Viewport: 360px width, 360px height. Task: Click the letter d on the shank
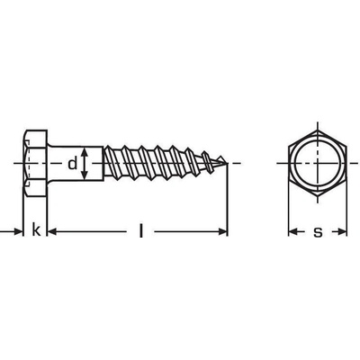72,164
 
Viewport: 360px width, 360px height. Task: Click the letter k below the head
36,229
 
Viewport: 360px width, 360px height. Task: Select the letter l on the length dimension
140,230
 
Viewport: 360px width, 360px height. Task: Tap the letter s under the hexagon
318,232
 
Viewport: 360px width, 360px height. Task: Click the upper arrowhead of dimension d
85,153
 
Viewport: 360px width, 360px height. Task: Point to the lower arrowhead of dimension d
85,174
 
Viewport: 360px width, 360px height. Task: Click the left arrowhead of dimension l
52,231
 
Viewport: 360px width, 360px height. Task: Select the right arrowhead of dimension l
222,231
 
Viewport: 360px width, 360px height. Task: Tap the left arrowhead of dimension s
293,231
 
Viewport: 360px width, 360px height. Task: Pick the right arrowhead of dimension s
342,231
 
